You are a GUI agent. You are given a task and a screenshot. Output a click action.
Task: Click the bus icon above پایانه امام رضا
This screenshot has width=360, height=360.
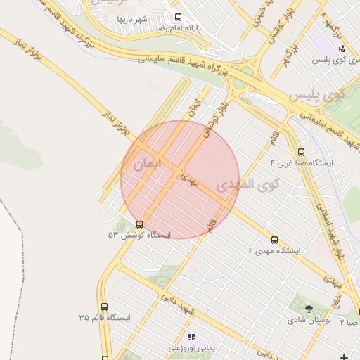(178, 18)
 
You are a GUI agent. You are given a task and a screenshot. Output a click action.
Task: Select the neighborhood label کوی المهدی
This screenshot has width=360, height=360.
(247, 185)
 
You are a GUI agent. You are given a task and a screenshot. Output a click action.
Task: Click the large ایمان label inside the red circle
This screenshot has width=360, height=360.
(147, 165)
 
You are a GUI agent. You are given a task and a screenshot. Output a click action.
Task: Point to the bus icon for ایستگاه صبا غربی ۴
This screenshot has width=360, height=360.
(302, 152)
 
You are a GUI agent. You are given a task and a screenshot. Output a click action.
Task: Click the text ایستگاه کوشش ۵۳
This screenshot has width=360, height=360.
(139, 235)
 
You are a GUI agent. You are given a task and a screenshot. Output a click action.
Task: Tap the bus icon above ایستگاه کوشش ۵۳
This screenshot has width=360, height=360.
(139, 224)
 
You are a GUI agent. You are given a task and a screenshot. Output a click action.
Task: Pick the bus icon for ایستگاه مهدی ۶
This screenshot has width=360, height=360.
(274, 240)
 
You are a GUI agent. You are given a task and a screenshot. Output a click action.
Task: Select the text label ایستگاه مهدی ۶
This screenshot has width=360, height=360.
(275, 250)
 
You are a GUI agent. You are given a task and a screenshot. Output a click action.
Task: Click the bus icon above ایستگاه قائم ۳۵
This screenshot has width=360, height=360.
(105, 307)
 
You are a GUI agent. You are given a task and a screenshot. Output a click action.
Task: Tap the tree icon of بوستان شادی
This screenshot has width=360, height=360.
(309, 308)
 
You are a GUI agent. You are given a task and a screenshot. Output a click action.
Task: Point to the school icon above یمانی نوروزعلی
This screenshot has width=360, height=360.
(192, 337)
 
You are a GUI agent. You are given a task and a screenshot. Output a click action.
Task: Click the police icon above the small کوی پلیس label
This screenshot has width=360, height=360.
(341, 49)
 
